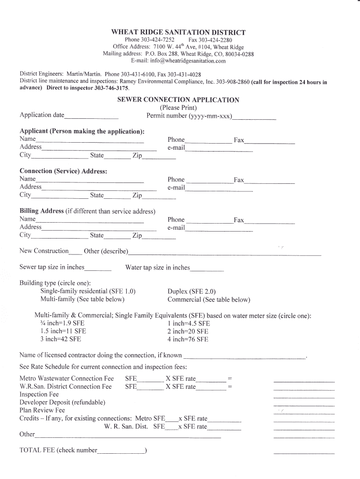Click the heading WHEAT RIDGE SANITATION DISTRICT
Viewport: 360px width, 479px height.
pyautogui.click(x=178, y=32)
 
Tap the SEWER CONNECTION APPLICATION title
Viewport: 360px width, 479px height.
pyautogui.click(x=178, y=100)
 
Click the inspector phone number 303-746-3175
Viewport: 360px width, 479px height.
pyautogui.click(x=112, y=88)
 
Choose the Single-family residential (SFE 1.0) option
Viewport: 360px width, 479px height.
pyautogui.click(x=88, y=291)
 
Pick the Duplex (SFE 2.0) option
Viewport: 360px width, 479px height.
pyautogui.click(x=192, y=291)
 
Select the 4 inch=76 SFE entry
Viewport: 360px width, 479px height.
pyautogui.click(x=188, y=339)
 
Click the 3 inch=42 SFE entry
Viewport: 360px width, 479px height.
pyautogui.click(x=61, y=339)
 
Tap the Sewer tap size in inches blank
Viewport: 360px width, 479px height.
pyautogui.click(x=98, y=270)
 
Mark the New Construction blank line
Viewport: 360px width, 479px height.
pyautogui.click(x=75, y=254)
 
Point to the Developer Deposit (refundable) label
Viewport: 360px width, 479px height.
pyautogui.click(x=62, y=402)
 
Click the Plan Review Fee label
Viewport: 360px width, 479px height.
pyautogui.click(x=42, y=410)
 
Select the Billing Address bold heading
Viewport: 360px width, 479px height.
pyautogui.click(x=42, y=211)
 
